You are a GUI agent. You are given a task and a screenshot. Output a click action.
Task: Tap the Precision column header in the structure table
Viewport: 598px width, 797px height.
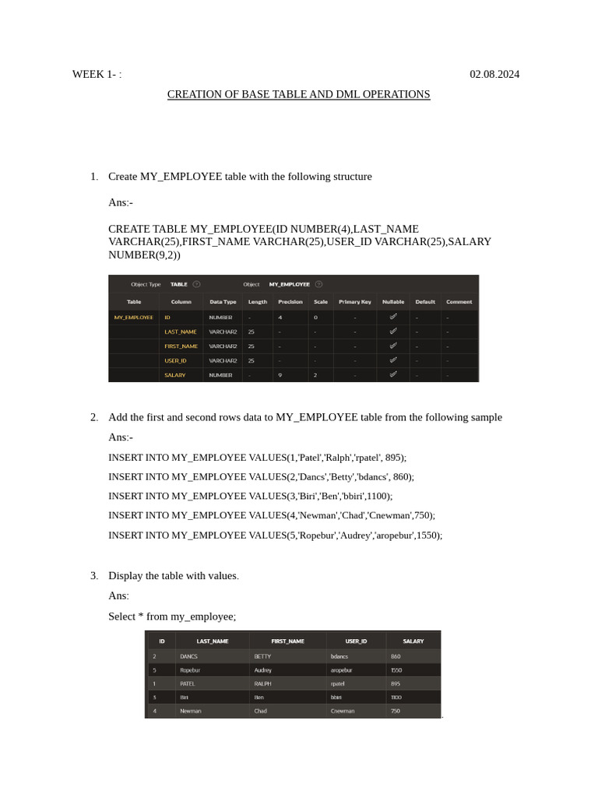point(290,302)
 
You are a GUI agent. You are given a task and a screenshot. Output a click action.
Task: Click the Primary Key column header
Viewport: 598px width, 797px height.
point(354,302)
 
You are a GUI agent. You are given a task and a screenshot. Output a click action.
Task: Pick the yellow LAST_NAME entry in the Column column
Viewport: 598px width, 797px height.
point(180,332)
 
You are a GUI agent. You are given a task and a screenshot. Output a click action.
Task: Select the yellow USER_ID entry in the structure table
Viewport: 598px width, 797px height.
point(175,360)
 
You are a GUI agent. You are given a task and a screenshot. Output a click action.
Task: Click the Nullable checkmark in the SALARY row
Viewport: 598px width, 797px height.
point(393,374)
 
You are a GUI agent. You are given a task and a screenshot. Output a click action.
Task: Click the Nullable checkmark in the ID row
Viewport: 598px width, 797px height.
point(393,317)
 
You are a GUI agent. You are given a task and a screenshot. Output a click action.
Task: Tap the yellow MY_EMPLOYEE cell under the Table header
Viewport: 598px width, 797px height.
point(133,318)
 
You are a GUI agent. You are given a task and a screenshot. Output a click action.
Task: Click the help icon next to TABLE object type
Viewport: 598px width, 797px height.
point(196,284)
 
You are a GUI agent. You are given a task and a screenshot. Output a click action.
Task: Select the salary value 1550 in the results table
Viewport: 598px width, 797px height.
point(396,670)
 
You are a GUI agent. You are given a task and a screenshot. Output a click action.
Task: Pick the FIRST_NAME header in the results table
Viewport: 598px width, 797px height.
point(287,641)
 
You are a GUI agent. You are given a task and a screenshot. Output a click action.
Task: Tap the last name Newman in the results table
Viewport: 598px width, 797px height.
point(190,711)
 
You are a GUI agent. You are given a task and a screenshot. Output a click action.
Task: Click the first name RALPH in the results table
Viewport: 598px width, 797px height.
point(262,683)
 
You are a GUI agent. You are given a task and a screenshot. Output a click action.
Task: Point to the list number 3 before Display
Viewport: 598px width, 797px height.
point(93,576)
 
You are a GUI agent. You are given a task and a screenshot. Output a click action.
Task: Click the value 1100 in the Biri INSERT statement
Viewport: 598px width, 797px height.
point(378,496)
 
